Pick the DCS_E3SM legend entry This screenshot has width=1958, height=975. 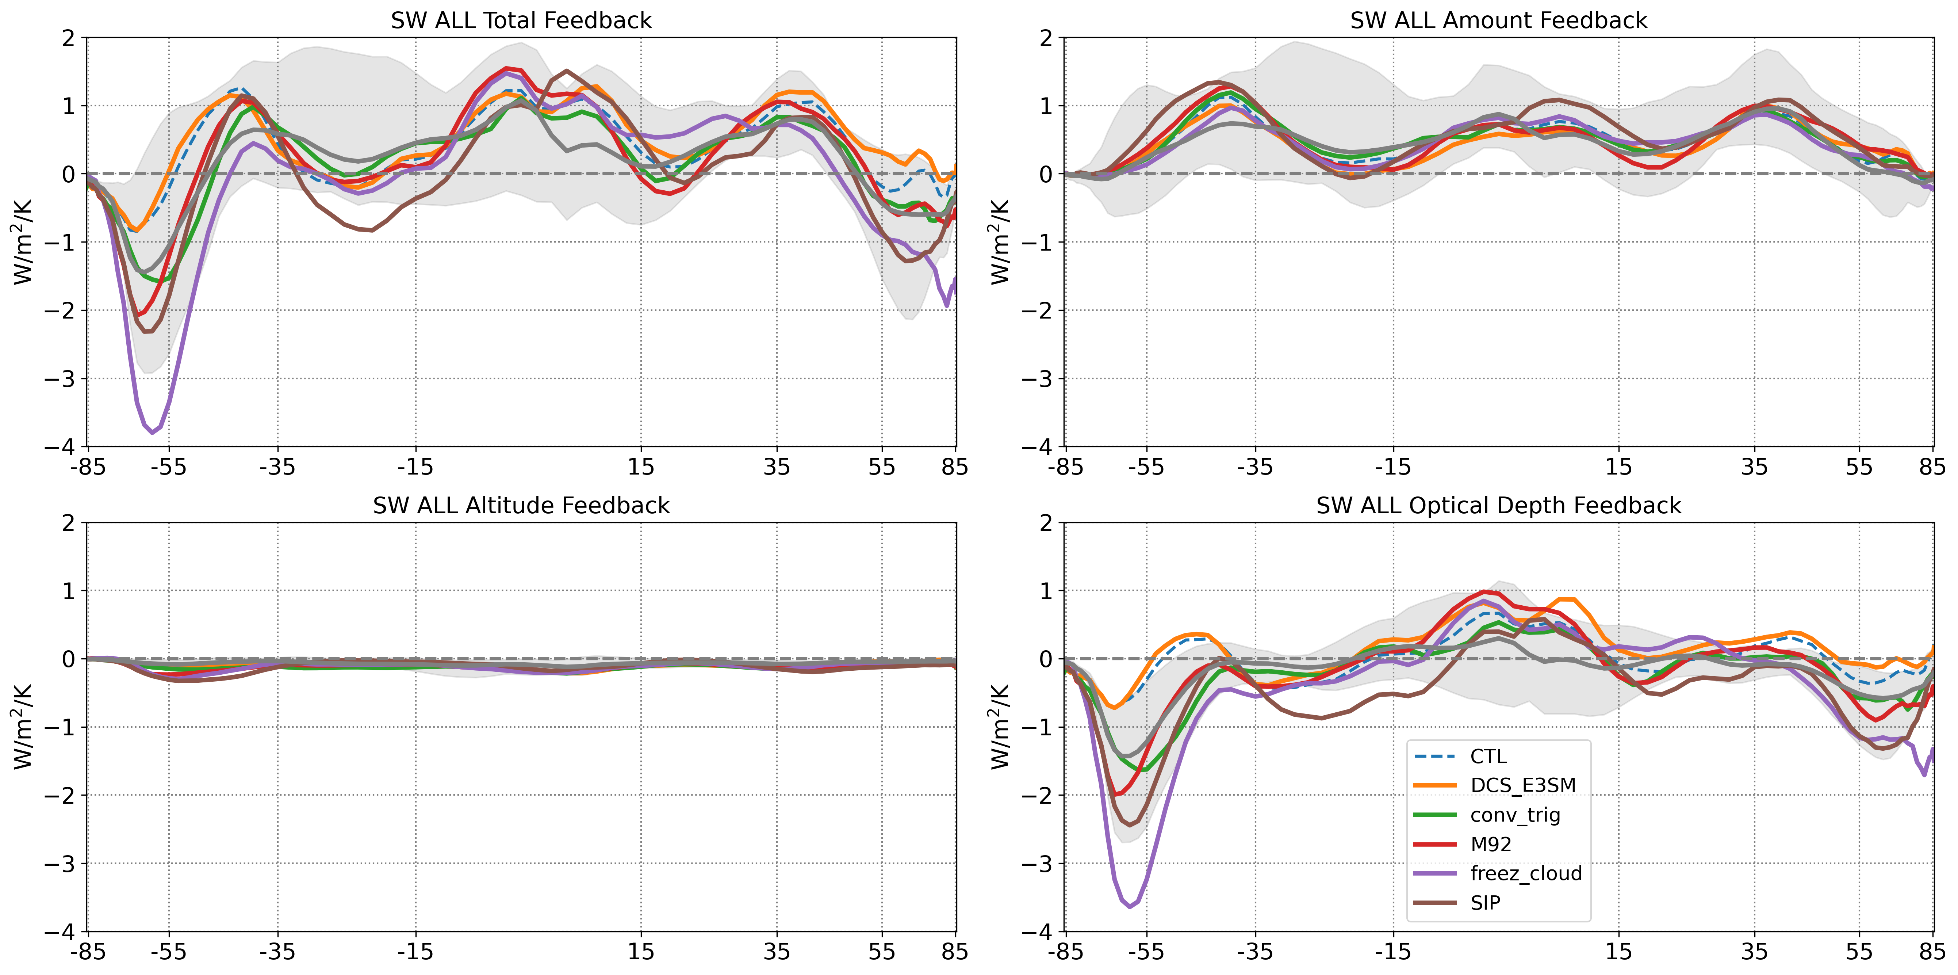click(x=1522, y=786)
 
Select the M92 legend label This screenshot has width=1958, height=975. click(x=1491, y=844)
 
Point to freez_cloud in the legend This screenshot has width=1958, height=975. click(x=1525, y=873)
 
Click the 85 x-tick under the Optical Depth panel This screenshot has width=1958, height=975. click(x=1931, y=951)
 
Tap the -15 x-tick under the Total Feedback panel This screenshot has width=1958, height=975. click(x=415, y=466)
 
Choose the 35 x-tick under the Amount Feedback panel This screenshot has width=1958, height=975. click(x=1754, y=466)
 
